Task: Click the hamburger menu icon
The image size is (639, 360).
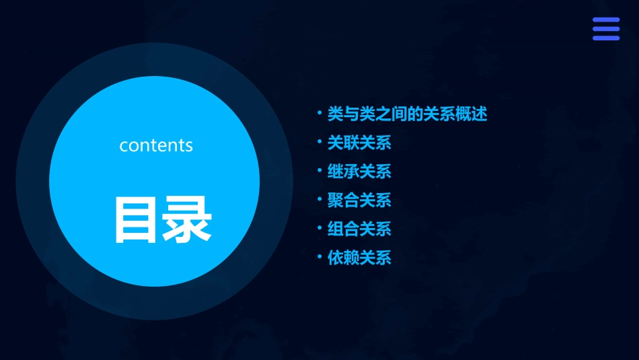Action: [x=605, y=29]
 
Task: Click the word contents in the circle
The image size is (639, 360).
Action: [x=156, y=145]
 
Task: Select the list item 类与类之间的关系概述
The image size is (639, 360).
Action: [x=407, y=114]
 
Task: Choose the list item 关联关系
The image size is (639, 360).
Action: [x=359, y=143]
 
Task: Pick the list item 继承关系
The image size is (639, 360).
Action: [x=359, y=172]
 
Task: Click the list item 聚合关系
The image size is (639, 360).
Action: [x=359, y=201]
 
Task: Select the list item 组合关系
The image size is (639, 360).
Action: [x=359, y=229]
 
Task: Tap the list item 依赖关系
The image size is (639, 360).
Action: [x=359, y=258]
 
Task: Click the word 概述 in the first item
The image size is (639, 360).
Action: [x=472, y=114]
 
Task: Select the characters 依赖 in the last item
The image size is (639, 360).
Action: [x=343, y=258]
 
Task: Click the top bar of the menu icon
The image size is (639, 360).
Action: [x=605, y=20]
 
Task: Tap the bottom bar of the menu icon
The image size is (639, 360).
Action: [x=605, y=38]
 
